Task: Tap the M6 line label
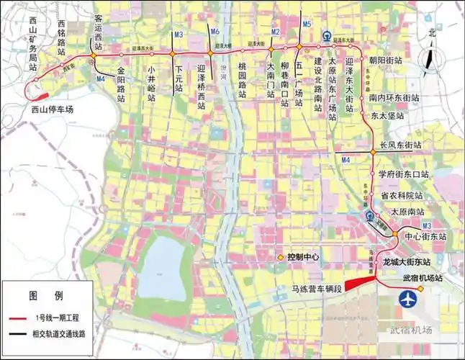point(215,32)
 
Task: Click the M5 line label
point(307,24)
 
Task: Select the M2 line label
point(274,32)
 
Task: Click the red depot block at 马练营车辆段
point(356,283)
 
